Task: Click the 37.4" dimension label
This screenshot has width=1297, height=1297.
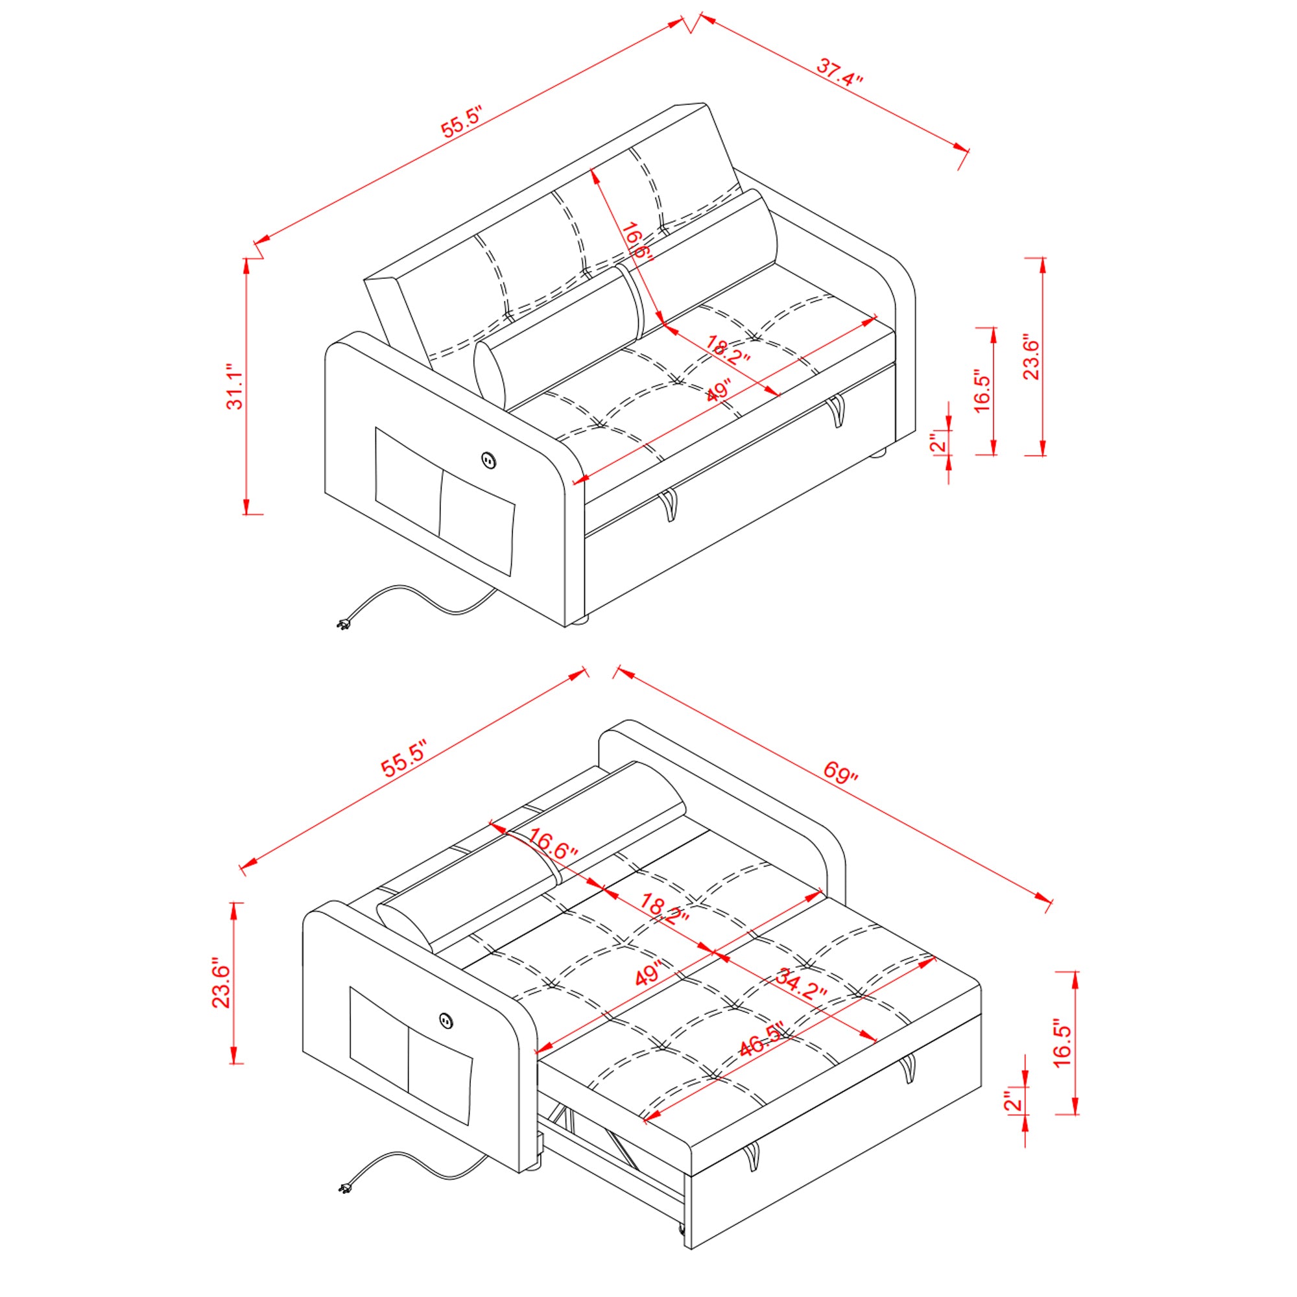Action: point(839,72)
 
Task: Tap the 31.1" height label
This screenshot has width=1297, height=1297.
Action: point(234,387)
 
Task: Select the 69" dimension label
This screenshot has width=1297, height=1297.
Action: point(840,772)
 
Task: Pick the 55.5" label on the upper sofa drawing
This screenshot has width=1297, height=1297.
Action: point(462,121)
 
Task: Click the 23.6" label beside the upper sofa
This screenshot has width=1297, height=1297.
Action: point(1030,358)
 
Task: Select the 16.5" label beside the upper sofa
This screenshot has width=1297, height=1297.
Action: point(981,390)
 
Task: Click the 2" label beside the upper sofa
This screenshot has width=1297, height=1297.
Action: point(938,442)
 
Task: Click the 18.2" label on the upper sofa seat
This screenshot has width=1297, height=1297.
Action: point(727,349)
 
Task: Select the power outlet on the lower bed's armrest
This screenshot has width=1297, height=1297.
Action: point(446,1021)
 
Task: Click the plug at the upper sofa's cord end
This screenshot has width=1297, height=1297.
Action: point(344,625)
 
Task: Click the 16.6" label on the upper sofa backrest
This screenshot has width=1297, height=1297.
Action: point(634,241)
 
